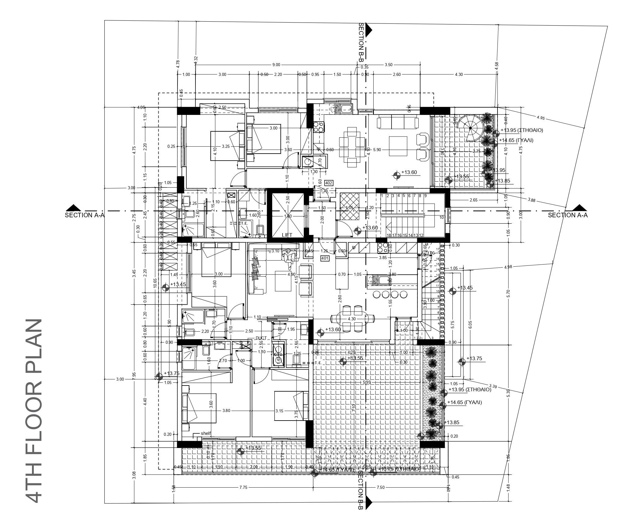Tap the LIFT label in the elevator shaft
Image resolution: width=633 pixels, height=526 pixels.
(x=287, y=235)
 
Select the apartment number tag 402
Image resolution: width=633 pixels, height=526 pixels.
(x=329, y=183)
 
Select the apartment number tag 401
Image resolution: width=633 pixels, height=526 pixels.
(x=325, y=258)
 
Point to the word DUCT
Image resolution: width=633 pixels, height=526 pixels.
(x=261, y=338)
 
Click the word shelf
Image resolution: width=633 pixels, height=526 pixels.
(x=206, y=433)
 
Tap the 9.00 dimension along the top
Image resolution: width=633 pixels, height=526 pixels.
(x=276, y=65)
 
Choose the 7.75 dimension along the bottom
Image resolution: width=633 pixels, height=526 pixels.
(x=243, y=487)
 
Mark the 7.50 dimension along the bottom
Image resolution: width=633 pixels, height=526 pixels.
(x=380, y=487)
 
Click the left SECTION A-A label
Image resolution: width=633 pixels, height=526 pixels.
(x=85, y=215)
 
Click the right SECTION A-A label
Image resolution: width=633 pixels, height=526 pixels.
(x=568, y=215)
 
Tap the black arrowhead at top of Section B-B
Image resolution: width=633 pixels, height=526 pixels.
(x=369, y=28)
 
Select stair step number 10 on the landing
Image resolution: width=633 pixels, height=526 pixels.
(x=441, y=217)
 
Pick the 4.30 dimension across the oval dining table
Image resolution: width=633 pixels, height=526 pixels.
(x=352, y=319)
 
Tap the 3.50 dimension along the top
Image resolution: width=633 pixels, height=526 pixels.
(x=389, y=65)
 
